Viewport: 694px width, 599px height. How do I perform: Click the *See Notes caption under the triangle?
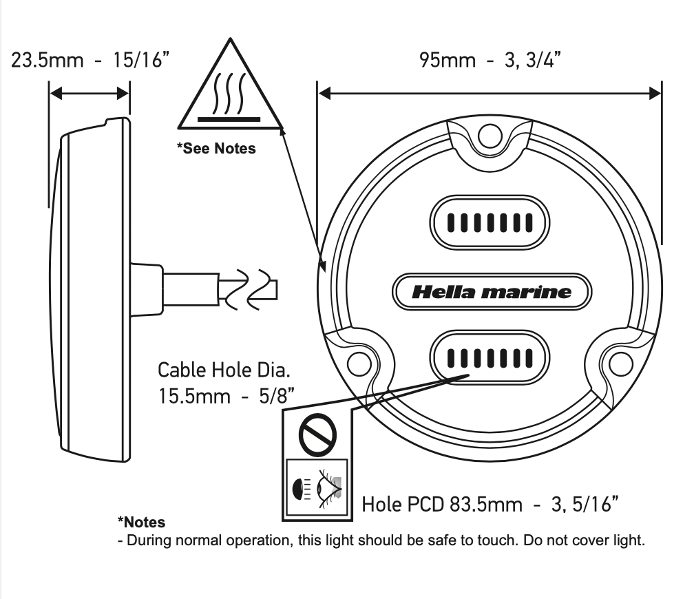click(x=216, y=148)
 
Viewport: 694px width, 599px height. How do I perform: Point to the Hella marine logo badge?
click(x=491, y=292)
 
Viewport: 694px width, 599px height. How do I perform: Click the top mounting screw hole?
click(x=490, y=136)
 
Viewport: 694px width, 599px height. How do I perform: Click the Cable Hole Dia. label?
click(x=224, y=370)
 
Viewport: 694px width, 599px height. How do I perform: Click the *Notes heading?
click(x=141, y=523)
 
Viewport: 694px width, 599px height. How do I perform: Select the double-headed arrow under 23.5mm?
click(x=90, y=92)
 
